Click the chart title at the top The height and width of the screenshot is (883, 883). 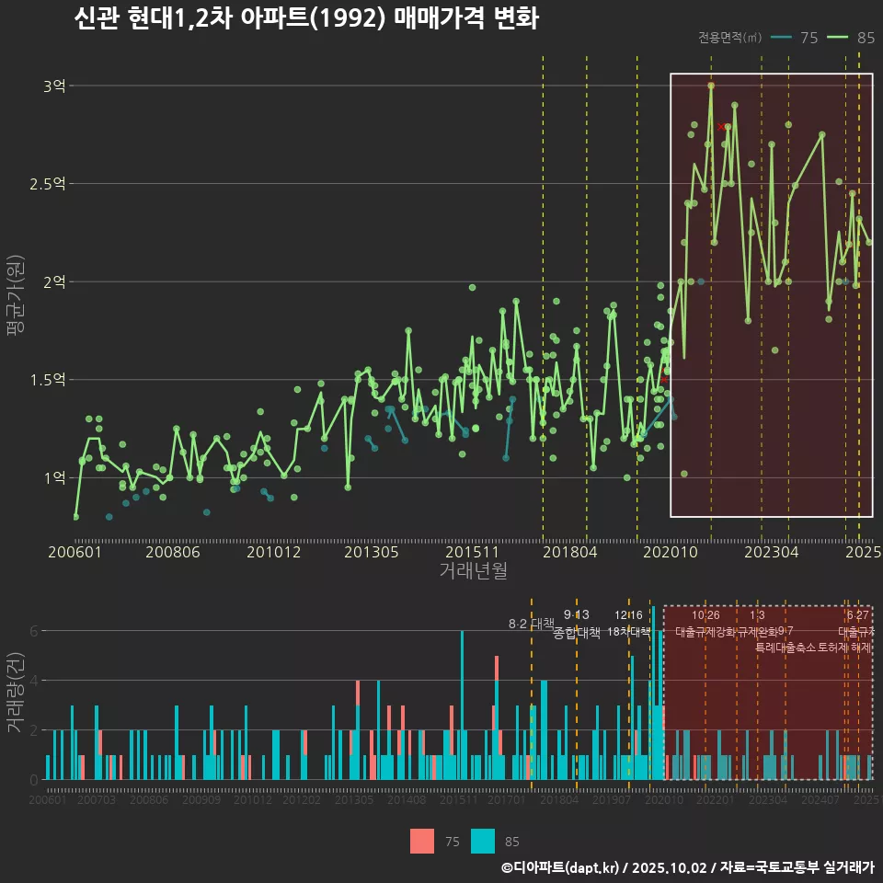[x=305, y=18]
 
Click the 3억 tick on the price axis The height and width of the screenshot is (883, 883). [x=54, y=86]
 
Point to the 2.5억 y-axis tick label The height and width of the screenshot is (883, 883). [x=47, y=184]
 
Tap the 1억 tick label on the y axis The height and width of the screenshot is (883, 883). [x=54, y=477]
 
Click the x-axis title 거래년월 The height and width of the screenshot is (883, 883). [x=473, y=571]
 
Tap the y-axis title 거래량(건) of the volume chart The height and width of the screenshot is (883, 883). [x=15, y=693]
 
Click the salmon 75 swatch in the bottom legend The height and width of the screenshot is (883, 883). [x=421, y=841]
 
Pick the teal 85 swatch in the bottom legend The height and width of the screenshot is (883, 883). [x=482, y=841]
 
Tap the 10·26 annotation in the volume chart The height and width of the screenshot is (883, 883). [x=705, y=615]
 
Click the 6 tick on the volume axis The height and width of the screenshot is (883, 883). [x=33, y=631]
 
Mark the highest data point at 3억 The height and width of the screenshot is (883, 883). [x=711, y=86]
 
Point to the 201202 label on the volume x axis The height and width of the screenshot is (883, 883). [x=302, y=801]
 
